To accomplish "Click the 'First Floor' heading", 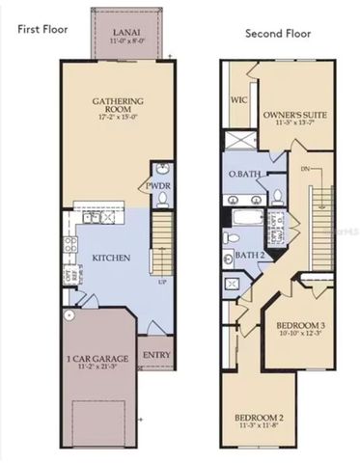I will (x=42, y=29).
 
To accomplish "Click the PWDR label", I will (x=158, y=185).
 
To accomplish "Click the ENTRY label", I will (x=155, y=354).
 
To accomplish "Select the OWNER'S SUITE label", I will (x=295, y=114).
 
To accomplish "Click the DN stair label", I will (x=307, y=167).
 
